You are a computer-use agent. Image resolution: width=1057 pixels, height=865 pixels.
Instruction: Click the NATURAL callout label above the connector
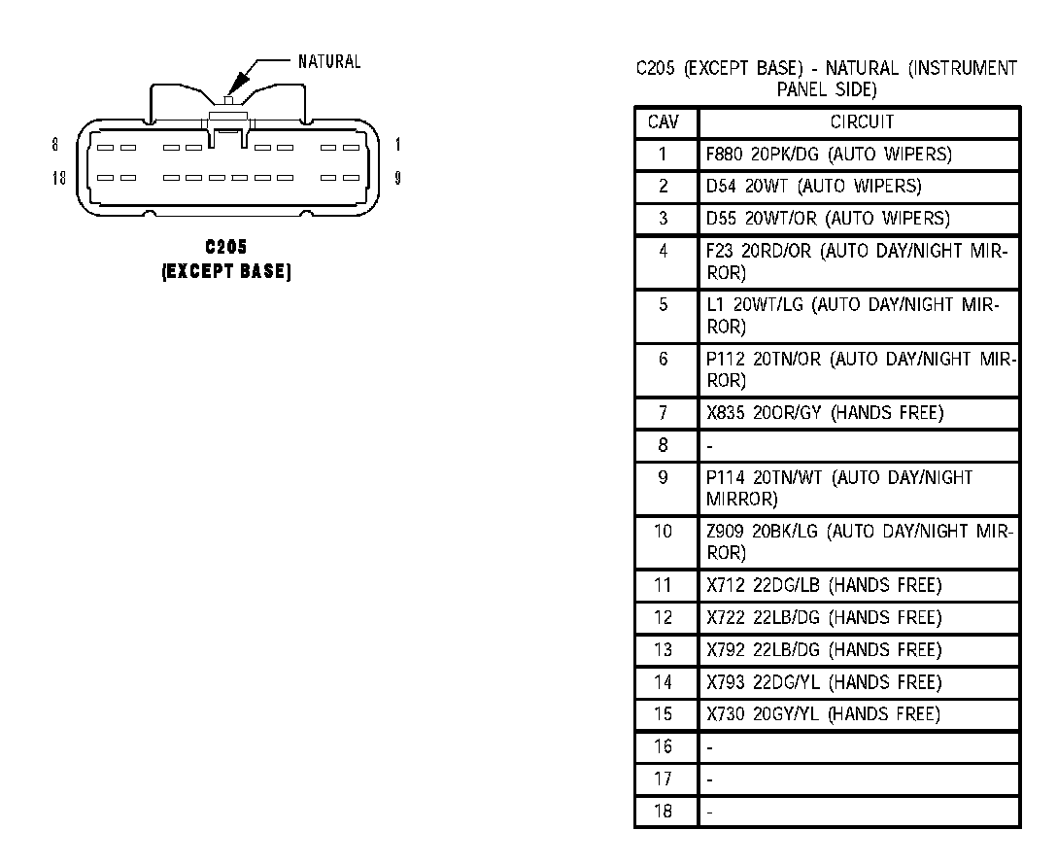[329, 62]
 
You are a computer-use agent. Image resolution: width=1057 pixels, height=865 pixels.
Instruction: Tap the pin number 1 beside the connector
[398, 145]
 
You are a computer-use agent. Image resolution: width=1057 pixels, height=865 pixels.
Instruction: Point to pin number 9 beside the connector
[398, 179]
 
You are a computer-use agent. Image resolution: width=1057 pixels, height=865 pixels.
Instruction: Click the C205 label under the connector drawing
[226, 249]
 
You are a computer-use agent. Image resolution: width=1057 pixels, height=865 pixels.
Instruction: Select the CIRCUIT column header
[861, 122]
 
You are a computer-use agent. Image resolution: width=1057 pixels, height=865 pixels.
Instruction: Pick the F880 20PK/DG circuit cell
[829, 154]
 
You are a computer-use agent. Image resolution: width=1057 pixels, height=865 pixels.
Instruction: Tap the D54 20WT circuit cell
[814, 186]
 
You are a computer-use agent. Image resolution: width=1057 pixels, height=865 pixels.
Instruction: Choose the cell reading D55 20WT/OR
[828, 218]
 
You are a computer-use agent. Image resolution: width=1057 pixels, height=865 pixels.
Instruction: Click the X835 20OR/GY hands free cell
[825, 413]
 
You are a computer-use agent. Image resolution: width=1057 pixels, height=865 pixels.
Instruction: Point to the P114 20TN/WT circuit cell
[839, 489]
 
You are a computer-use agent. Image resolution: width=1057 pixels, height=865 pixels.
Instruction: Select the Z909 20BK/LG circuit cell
[859, 542]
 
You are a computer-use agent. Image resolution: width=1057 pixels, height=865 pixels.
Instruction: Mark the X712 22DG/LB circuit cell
[824, 585]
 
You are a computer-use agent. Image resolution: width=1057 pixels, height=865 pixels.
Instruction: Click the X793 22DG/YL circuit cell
[824, 682]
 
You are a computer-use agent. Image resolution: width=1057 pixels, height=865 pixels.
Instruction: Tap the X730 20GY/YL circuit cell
[823, 714]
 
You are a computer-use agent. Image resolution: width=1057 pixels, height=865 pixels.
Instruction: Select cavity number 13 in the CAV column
[664, 650]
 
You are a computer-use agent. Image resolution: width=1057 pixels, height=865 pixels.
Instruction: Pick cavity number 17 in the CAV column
[664, 779]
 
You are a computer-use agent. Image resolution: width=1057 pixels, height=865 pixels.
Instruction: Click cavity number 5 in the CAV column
[664, 305]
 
